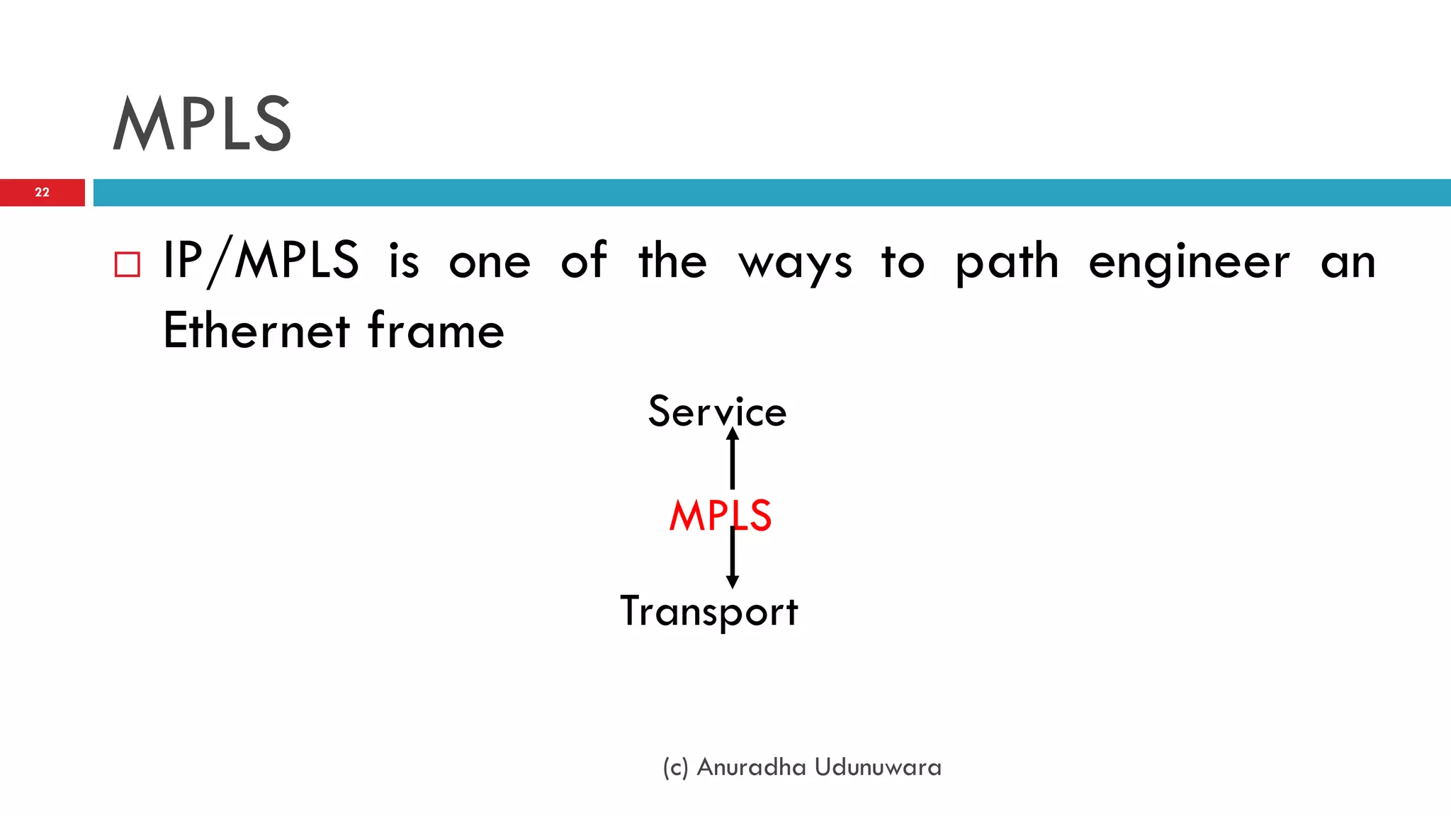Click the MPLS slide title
tap(202, 124)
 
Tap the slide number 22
tap(42, 192)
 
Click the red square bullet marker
tap(128, 264)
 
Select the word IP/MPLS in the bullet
tap(261, 261)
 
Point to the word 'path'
tap(1007, 262)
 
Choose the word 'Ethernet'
tap(256, 331)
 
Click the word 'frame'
tap(436, 331)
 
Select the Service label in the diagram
tap(717, 412)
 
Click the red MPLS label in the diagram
tap(720, 515)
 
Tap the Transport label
tap(709, 611)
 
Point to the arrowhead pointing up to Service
tap(733, 434)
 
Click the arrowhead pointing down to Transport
tap(733, 582)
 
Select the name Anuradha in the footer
tap(751, 767)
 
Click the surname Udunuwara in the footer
tap(878, 767)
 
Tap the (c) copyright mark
tap(675, 768)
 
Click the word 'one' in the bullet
tap(490, 262)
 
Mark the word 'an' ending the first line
tap(1348, 262)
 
